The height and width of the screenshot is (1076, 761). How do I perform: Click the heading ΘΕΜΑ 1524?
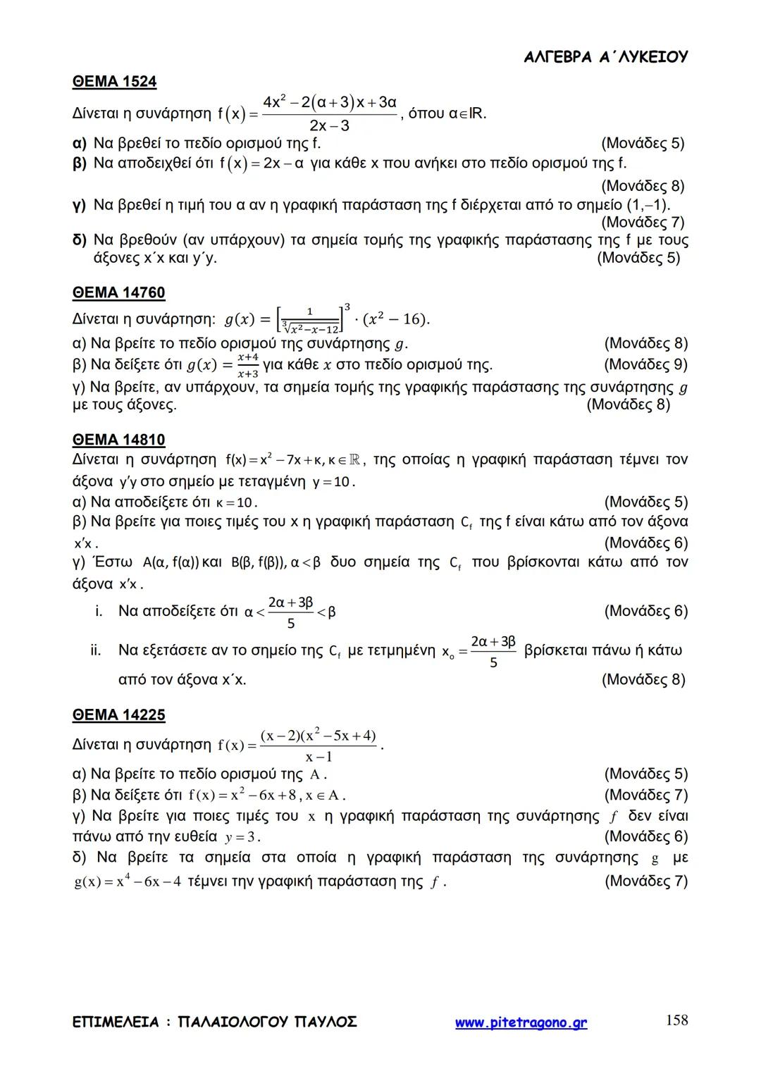tap(114, 82)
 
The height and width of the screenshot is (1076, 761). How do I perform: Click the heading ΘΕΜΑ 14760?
tap(118, 292)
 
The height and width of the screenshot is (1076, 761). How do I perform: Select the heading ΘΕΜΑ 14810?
tap(118, 440)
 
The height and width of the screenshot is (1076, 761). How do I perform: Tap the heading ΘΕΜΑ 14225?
tap(118, 715)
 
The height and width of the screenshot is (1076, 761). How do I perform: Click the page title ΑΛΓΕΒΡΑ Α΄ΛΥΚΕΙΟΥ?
tap(606, 57)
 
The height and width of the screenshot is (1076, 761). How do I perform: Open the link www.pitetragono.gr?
tap(521, 1022)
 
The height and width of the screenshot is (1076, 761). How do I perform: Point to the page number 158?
tap(676, 1020)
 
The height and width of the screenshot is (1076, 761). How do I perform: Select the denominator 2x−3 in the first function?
tap(329, 126)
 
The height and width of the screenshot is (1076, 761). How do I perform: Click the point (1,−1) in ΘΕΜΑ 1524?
tap(646, 205)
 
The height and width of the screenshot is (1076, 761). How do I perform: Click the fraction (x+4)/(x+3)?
tap(247, 366)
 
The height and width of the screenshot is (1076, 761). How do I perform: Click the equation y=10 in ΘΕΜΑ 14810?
tap(333, 483)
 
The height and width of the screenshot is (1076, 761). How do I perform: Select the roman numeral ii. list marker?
tap(96, 650)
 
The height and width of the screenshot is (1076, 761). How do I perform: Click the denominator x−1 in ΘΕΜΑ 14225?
tap(318, 757)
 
